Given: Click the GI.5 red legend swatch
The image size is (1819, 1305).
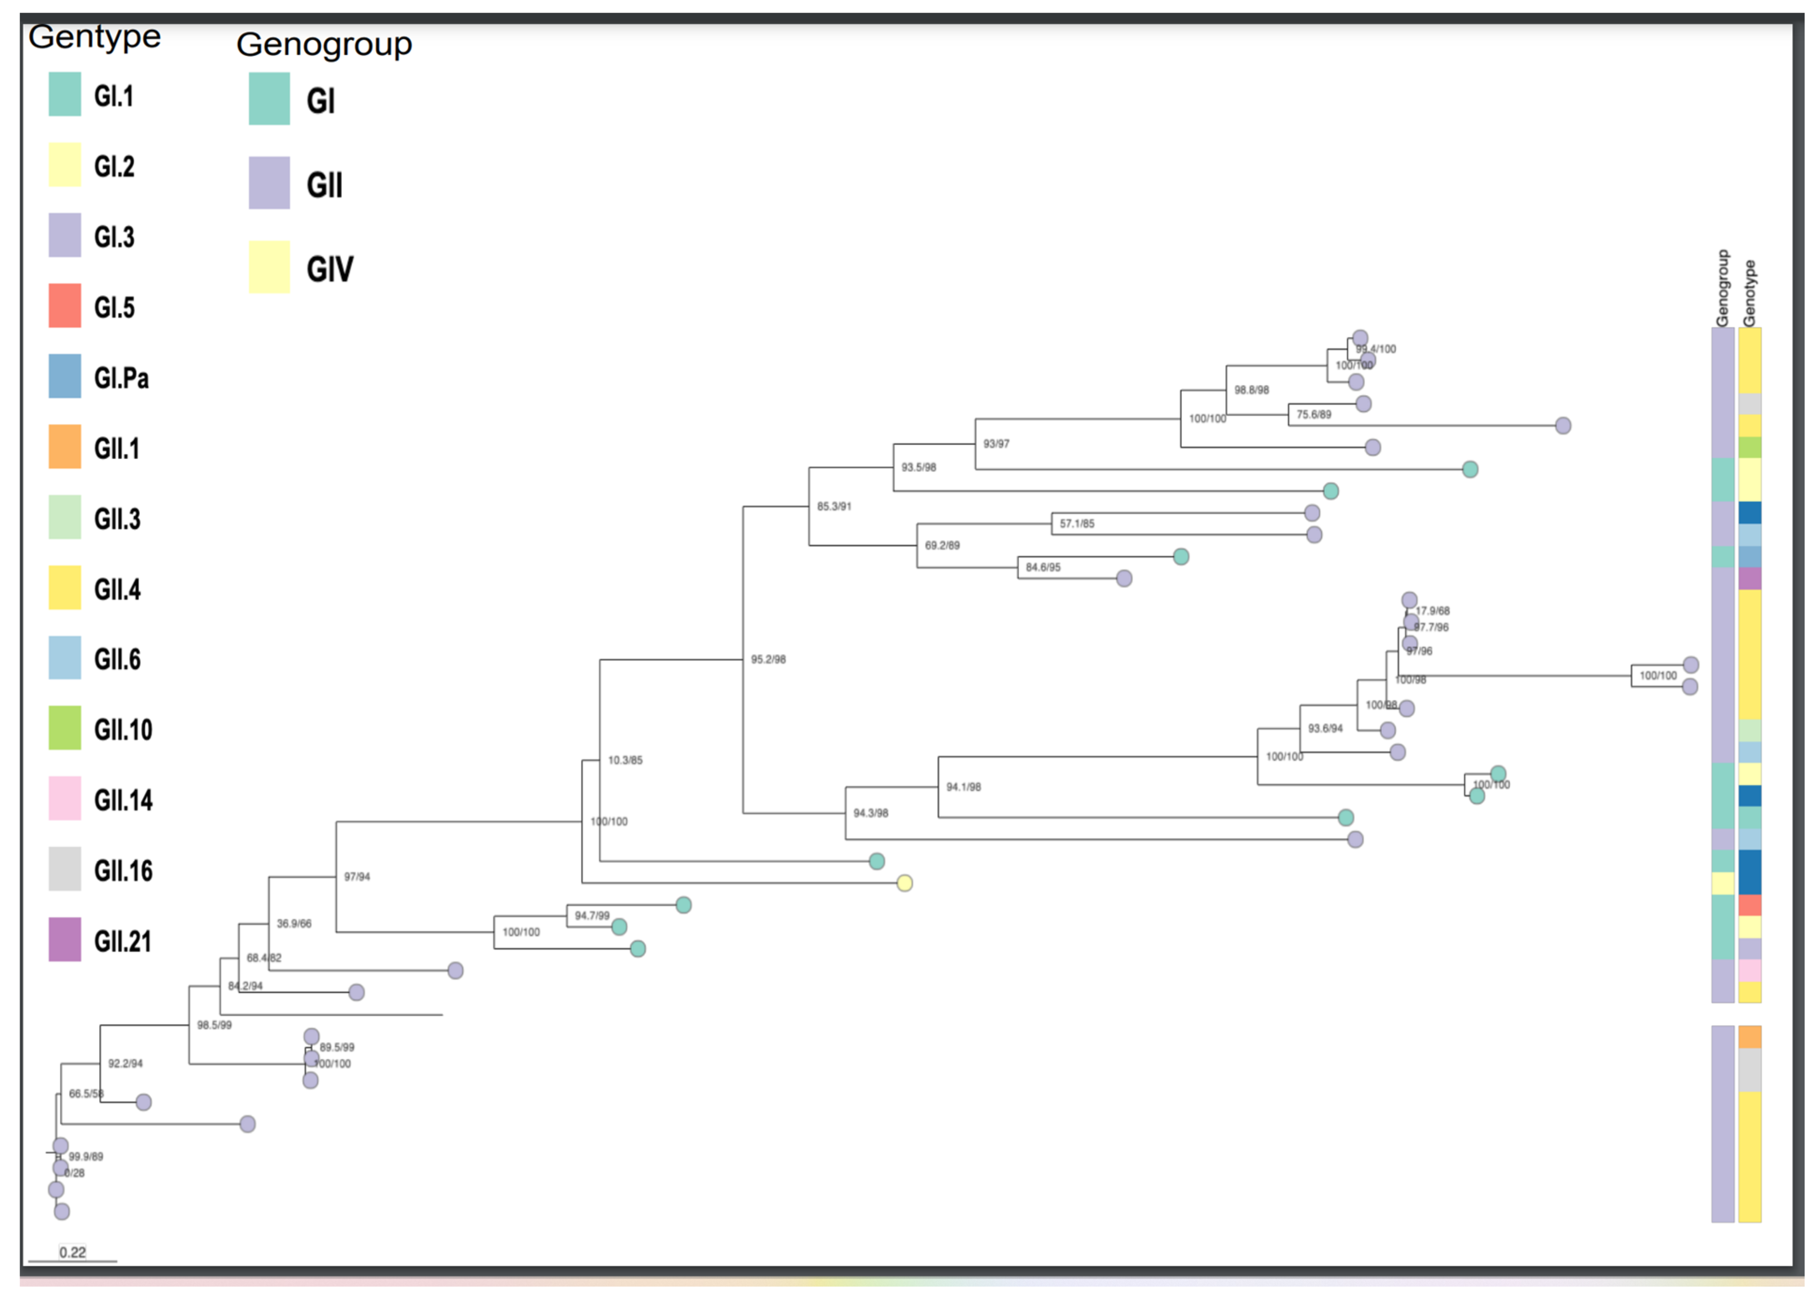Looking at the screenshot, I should [x=64, y=305].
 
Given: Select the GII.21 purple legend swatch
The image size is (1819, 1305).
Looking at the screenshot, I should [x=64, y=939].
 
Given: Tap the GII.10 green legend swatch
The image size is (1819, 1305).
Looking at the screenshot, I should [x=64, y=727].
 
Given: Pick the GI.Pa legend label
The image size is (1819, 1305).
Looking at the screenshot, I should [x=121, y=378].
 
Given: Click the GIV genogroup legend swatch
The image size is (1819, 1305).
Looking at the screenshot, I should [x=269, y=267].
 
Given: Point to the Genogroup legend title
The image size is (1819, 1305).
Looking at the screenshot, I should [x=324, y=44].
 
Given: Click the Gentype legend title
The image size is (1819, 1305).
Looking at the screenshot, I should [x=94, y=36].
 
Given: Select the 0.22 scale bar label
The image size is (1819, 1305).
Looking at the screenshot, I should [x=72, y=1252].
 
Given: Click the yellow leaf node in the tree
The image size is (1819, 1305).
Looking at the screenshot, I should [x=905, y=883].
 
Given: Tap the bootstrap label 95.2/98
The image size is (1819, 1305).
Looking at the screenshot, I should [x=768, y=660].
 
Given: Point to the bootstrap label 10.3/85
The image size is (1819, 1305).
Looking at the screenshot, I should [x=625, y=760].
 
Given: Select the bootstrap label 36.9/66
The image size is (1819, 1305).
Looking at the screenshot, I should [x=294, y=923].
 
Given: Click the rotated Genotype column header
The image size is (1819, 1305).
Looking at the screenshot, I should [x=1749, y=293].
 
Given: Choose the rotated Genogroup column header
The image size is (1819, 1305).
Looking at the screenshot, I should [x=1722, y=288].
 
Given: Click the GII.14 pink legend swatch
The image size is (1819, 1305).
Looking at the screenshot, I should [x=64, y=798].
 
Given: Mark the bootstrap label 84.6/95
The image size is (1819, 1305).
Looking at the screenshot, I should [x=1043, y=567].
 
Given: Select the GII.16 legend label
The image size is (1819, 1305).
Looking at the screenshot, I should [x=123, y=870].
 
